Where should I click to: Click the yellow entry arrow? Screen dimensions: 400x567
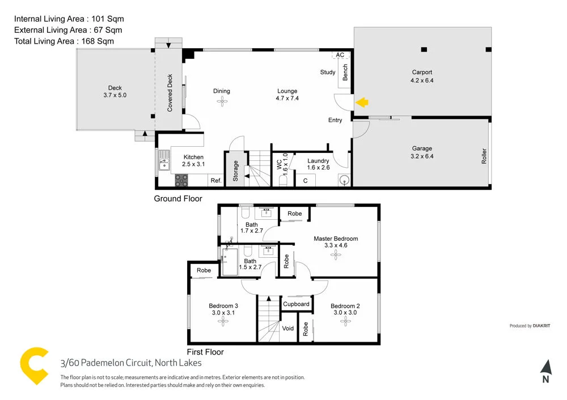362,103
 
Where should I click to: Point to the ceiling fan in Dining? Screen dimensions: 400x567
222,101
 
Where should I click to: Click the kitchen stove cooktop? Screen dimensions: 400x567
181,180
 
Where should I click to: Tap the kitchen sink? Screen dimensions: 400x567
163,163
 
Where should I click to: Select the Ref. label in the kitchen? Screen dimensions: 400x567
215,181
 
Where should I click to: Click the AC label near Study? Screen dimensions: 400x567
340,55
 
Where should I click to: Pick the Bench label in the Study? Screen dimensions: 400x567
345,73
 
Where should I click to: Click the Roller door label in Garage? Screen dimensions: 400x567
484,156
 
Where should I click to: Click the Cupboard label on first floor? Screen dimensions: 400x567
296,304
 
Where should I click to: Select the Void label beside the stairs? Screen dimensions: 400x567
288,328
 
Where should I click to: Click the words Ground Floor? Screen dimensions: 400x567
178,199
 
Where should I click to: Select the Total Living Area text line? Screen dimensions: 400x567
64,41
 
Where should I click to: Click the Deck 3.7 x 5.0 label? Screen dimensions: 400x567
115,91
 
